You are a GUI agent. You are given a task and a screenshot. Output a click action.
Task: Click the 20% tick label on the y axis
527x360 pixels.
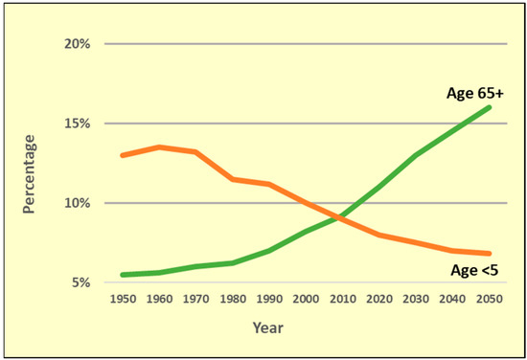pyautogui.click(x=78, y=44)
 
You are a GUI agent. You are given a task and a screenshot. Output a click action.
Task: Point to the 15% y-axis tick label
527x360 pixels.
pyautogui.click(x=78, y=124)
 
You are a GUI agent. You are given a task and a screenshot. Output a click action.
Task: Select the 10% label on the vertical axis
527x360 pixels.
pyautogui.click(x=78, y=203)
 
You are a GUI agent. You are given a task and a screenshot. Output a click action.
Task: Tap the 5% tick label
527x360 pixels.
pyautogui.click(x=80, y=282)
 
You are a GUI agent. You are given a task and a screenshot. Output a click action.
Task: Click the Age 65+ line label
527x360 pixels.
pyautogui.click(x=473, y=94)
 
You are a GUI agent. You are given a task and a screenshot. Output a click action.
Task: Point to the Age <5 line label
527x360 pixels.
pyautogui.click(x=474, y=271)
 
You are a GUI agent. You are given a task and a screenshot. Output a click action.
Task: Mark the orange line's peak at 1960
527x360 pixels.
pyautogui.click(x=159, y=147)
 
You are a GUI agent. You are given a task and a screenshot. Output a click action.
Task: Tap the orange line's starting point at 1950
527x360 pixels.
pyautogui.click(x=123, y=155)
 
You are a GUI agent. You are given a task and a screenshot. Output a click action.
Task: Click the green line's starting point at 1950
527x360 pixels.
pyautogui.click(x=123, y=275)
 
